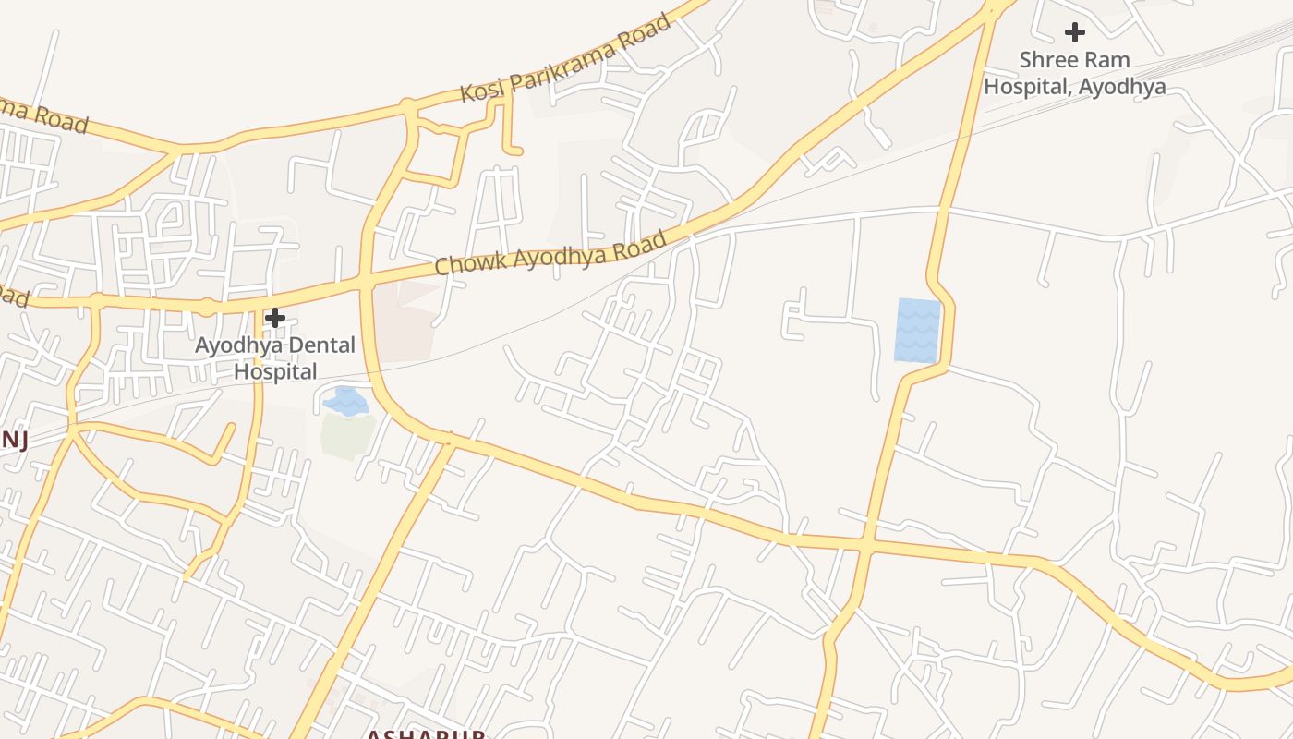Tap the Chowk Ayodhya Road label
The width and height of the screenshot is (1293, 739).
coord(550,252)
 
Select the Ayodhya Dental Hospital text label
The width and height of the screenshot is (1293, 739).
coord(275,358)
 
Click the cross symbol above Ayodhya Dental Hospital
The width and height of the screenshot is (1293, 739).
coord(274,319)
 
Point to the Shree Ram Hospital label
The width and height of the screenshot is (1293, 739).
coord(1074,73)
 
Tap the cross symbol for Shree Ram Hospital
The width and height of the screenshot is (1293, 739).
coord(1074,32)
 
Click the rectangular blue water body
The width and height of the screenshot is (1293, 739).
coord(917,330)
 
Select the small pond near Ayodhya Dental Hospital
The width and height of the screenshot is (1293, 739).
coord(345,402)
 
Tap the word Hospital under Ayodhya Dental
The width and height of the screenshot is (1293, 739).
coord(275,371)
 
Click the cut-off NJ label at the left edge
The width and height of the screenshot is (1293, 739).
coord(13,440)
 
